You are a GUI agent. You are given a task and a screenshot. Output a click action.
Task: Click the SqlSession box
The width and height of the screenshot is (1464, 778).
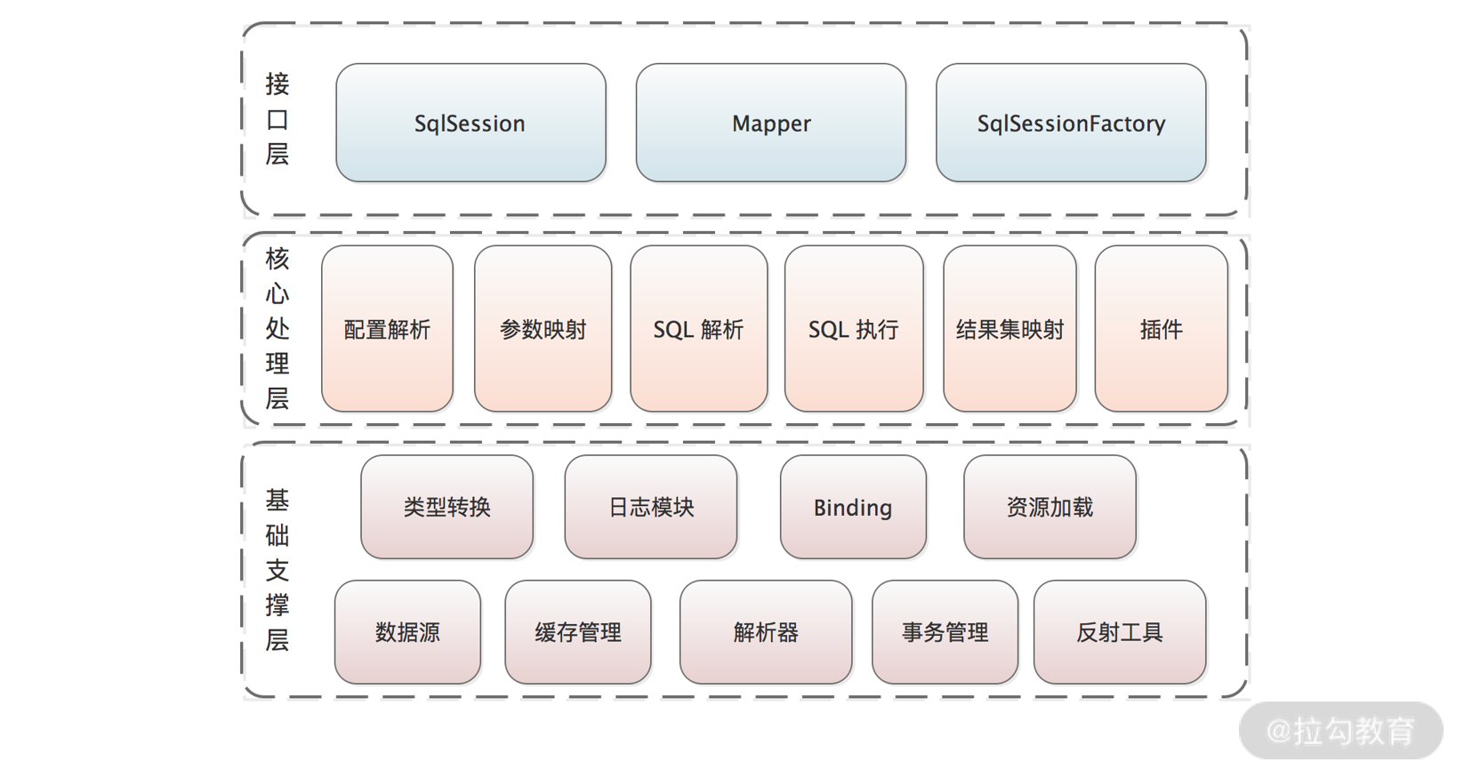tap(471, 123)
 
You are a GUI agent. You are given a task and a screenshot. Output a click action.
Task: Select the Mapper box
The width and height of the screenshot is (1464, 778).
tap(771, 123)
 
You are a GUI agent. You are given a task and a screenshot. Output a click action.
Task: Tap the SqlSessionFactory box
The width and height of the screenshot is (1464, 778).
tap(1071, 123)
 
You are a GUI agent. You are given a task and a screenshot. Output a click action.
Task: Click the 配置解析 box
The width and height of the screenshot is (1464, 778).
tap(387, 329)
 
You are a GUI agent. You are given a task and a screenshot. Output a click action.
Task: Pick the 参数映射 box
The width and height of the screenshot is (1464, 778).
tap(543, 329)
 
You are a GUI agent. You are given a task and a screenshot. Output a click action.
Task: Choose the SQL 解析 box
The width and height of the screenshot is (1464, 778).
tap(698, 329)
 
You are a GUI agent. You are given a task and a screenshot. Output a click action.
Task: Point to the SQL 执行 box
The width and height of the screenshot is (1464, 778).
tap(854, 329)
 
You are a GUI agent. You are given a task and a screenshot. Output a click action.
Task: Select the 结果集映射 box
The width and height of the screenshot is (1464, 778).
tap(1010, 329)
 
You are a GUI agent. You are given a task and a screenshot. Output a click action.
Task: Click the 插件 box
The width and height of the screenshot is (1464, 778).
tap(1161, 329)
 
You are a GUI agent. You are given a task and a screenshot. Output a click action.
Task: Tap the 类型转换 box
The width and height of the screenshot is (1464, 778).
tap(446, 507)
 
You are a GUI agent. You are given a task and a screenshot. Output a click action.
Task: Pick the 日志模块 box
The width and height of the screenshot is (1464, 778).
tap(650, 507)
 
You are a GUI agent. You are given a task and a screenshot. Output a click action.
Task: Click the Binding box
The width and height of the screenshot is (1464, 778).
tap(853, 507)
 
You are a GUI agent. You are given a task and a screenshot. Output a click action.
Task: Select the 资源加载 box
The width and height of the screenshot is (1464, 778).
tap(1050, 507)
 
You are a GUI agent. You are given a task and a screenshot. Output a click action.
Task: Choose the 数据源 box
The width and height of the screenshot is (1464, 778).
tap(407, 632)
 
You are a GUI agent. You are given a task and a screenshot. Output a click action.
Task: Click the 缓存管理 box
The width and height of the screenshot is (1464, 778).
tap(578, 632)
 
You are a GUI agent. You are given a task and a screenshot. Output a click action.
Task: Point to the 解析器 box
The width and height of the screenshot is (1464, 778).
tap(766, 632)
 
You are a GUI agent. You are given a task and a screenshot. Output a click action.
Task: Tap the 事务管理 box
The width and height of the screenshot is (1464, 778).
tap(945, 632)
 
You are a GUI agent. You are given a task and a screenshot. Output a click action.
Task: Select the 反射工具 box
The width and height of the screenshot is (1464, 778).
tap(1120, 632)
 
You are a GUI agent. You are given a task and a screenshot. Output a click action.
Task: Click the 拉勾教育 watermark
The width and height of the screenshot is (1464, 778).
tap(1340, 731)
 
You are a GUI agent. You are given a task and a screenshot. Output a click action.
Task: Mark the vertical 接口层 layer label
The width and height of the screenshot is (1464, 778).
tap(278, 119)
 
